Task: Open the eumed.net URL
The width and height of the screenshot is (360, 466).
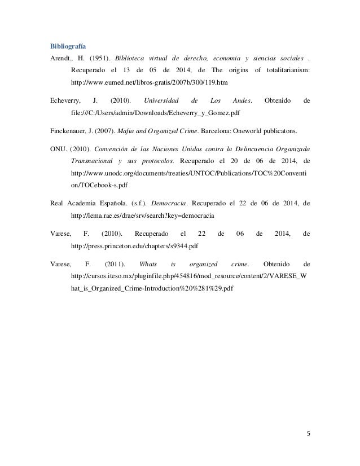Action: (x=148, y=82)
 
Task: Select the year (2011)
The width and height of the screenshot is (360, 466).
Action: (x=116, y=265)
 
